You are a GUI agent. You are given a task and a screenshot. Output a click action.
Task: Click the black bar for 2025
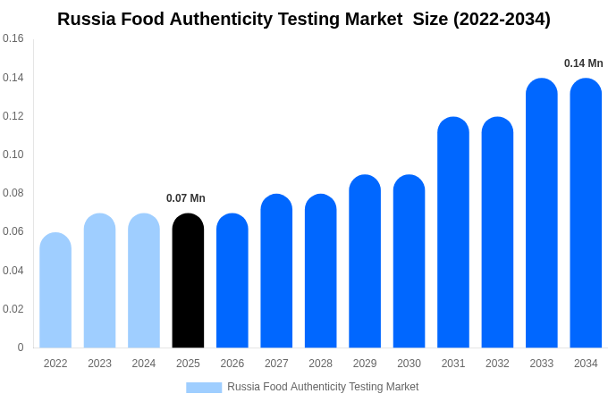click(188, 281)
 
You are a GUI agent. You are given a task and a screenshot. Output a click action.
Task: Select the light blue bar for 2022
click(55, 290)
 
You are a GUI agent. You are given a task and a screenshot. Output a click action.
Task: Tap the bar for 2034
click(586, 214)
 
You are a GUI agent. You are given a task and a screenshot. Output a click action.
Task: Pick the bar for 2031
click(453, 232)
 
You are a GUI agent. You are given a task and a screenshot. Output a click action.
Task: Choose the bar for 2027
click(276, 272)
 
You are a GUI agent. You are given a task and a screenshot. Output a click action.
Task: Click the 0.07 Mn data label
click(186, 198)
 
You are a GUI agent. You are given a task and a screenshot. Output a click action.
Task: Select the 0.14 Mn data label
click(583, 63)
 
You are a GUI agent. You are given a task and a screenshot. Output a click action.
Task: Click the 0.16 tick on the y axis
click(13, 38)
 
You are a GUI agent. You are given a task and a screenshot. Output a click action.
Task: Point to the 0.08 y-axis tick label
click(13, 193)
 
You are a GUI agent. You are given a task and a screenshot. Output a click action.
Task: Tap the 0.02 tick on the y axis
click(13, 309)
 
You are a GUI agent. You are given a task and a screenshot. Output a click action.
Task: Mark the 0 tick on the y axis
click(21, 348)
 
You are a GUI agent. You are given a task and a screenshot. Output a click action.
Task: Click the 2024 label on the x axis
click(144, 364)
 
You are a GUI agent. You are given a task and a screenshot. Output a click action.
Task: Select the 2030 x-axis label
click(409, 364)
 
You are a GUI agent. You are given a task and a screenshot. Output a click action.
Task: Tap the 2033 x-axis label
click(542, 364)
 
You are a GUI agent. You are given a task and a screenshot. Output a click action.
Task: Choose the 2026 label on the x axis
click(232, 364)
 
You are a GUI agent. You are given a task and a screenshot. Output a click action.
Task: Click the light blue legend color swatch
click(204, 388)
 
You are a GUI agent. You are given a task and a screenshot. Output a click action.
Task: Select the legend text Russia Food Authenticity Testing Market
click(323, 387)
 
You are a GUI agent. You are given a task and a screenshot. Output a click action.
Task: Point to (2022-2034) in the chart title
click(502, 19)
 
